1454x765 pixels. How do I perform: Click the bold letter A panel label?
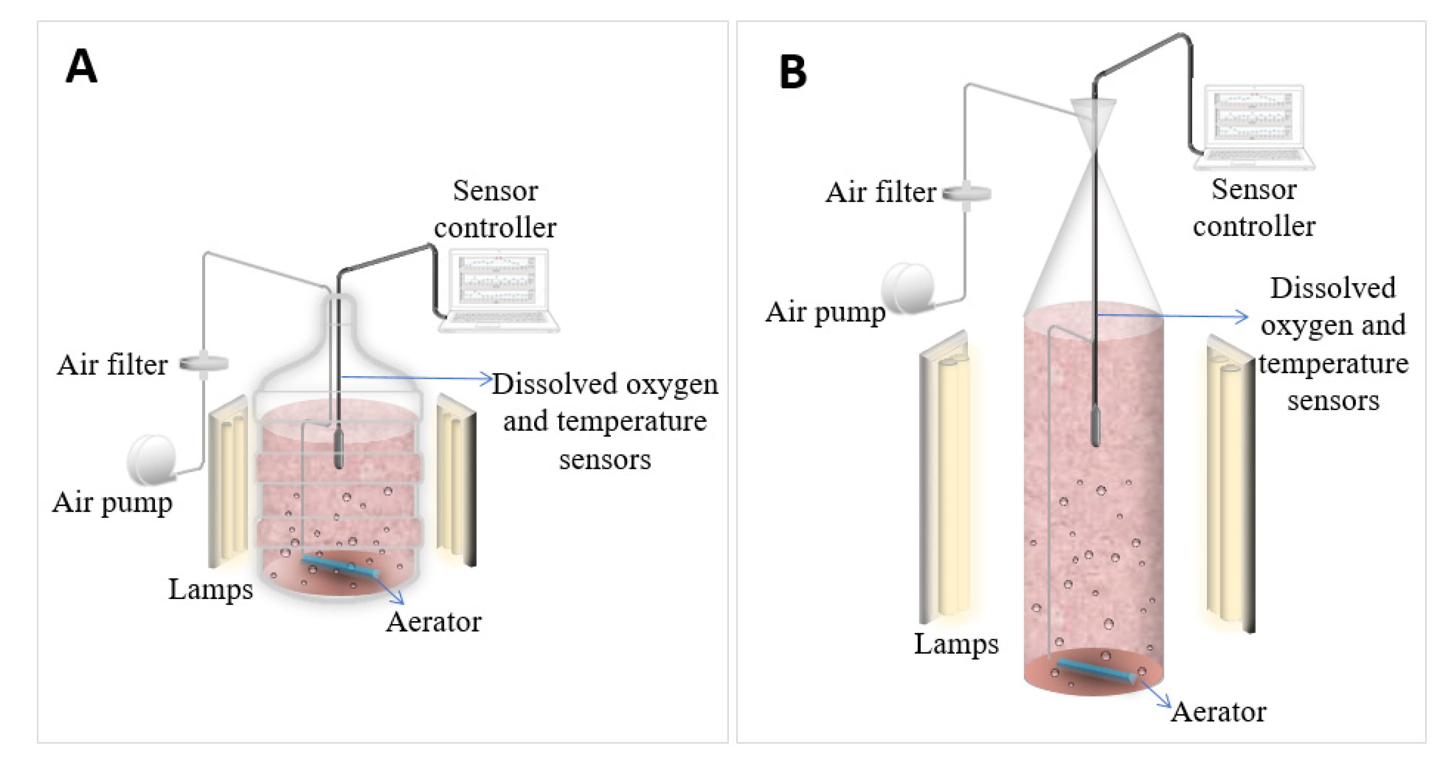[81, 67]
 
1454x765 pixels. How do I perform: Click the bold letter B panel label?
[793, 72]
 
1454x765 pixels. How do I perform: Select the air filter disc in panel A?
[204, 364]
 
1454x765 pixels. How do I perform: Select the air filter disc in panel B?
[967, 194]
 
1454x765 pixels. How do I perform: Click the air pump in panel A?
[151, 459]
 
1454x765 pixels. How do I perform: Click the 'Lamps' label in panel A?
[210, 590]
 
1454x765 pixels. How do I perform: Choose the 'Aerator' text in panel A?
[433, 622]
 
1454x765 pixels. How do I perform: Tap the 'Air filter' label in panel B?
[881, 192]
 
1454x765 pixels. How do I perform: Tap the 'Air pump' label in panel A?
[112, 503]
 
